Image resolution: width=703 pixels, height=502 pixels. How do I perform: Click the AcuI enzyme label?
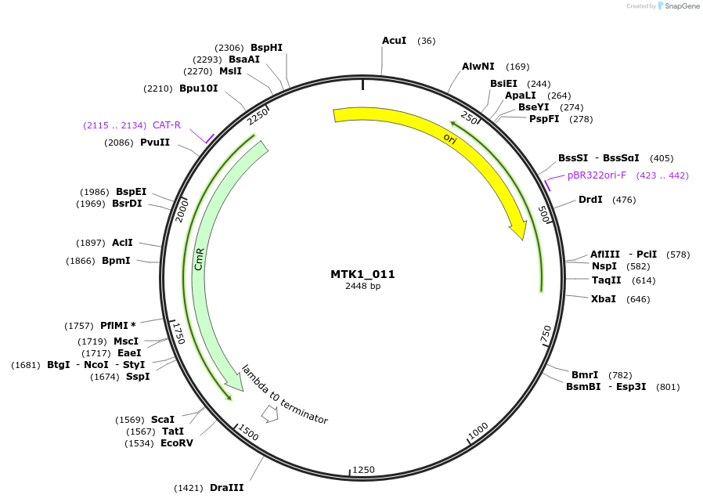coord(394,40)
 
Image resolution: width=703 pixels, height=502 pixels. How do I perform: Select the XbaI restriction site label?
coord(604,299)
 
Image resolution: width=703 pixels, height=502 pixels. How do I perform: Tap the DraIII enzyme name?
coord(226,487)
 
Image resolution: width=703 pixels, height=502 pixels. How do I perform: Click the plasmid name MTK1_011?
coord(362,275)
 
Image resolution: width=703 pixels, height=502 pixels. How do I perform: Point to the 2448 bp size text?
coord(362,287)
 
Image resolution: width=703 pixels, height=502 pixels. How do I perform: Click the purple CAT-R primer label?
coord(166,125)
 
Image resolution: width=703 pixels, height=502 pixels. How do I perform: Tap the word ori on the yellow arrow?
coord(449,139)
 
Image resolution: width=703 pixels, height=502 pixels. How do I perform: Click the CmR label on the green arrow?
coord(200,259)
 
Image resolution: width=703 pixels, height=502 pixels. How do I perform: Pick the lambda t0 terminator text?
coord(285,394)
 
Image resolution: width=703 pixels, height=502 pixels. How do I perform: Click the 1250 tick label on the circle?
coord(363,469)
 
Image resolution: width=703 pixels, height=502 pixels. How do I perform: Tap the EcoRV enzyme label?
coord(176,443)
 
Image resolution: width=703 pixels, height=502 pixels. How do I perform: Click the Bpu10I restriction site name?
coord(198,88)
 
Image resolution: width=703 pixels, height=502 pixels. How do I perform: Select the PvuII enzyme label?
coord(155,143)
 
